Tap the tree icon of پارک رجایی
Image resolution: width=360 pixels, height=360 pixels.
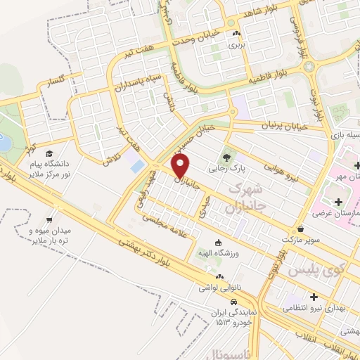point(226,157)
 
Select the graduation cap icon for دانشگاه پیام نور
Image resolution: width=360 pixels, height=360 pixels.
point(49,153)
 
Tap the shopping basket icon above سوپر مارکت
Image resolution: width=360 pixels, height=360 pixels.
point(301,229)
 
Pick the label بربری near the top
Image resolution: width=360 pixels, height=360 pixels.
point(233,44)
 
